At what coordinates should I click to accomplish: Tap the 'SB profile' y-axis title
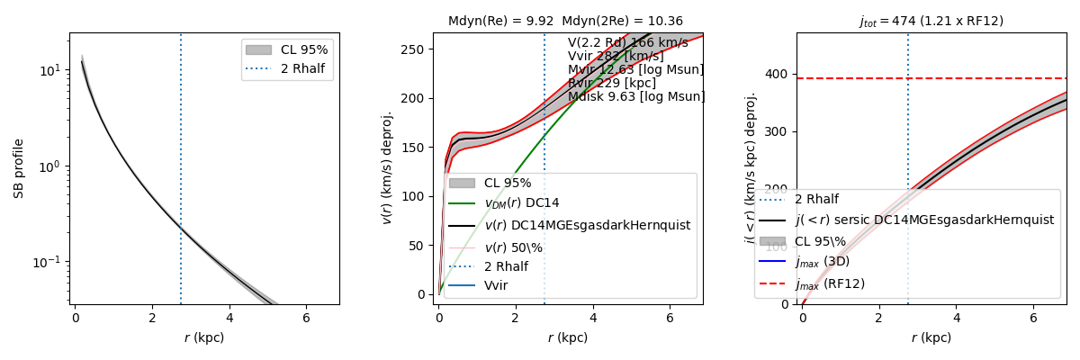pyautogui.click(x=18, y=168)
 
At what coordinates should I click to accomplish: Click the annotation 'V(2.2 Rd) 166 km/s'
pyautogui.click(x=627, y=43)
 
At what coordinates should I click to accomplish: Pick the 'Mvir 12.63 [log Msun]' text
pyautogui.click(x=635, y=70)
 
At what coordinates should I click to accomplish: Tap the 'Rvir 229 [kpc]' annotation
pyautogui.click(x=612, y=84)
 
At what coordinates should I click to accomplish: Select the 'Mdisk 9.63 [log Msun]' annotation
pyautogui.click(x=635, y=97)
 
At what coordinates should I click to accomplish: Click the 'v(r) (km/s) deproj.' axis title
pyautogui.click(x=387, y=168)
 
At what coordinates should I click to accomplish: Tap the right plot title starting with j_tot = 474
pyautogui.click(x=931, y=21)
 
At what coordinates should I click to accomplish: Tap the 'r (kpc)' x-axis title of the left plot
pyautogui.click(x=204, y=338)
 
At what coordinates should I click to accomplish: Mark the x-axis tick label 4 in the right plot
pyautogui.click(x=957, y=319)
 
